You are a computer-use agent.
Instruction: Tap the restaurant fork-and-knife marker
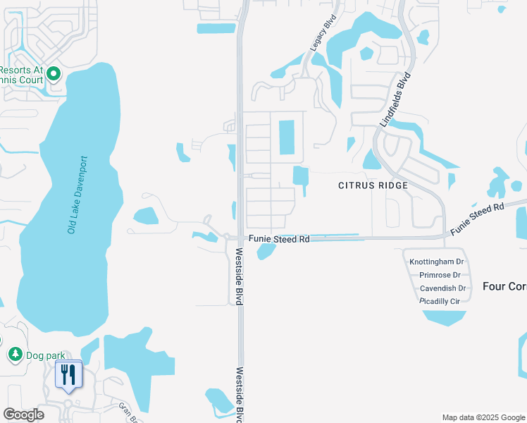point(68,374)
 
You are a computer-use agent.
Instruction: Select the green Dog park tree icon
point(14,354)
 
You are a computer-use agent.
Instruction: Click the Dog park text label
point(45,355)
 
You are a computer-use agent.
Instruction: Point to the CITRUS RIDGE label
point(373,185)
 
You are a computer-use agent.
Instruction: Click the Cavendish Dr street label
point(442,288)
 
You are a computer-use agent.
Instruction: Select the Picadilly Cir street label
point(440,301)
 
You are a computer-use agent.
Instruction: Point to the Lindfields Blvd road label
point(395,102)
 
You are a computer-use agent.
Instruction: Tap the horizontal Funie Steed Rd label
point(278,240)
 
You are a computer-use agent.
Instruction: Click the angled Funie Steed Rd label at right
point(478,218)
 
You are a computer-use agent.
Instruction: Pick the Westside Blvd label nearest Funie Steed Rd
point(240,276)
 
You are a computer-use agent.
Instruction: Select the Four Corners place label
point(504,286)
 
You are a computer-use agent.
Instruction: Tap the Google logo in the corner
point(23,415)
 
